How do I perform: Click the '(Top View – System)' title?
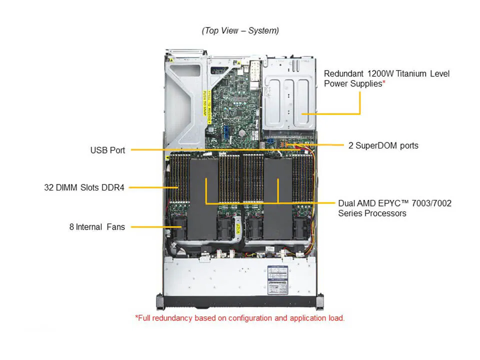coord(240,30)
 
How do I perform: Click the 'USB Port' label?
coord(107,150)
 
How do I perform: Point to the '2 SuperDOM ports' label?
coord(383,145)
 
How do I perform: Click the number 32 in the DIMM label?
coord(48,187)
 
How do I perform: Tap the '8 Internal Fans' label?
coord(97,227)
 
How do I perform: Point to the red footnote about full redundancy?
coord(239,318)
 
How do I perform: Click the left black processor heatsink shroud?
coord(204,197)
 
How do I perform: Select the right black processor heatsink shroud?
coord(277,197)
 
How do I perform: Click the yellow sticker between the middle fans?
coord(239,227)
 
